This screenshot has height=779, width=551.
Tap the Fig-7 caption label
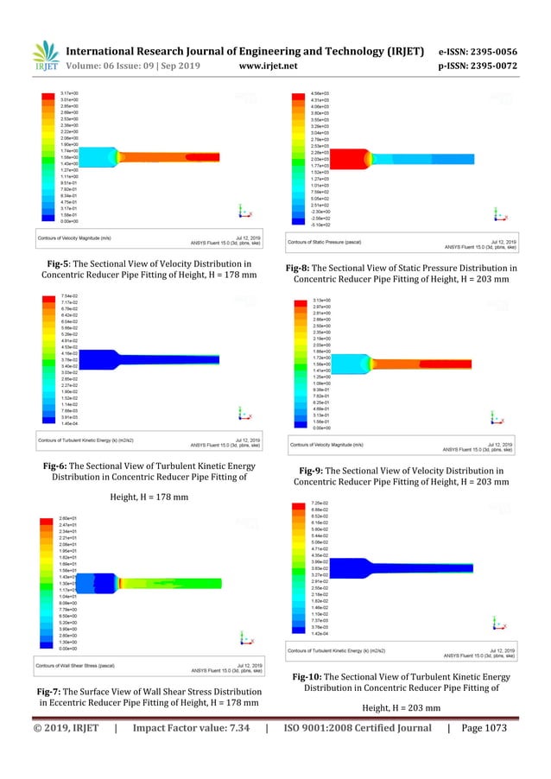[x=53, y=692]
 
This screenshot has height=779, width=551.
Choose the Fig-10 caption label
[x=311, y=676]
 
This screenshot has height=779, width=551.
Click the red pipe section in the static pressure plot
[x=341, y=158]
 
